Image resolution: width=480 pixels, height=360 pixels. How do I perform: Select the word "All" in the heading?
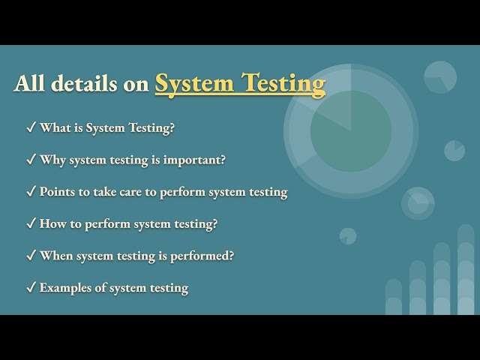click(29, 84)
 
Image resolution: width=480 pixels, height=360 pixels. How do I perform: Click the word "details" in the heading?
click(79, 85)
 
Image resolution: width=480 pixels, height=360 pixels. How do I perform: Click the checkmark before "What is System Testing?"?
click(31, 127)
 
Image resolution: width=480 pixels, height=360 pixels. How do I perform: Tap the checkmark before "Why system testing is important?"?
click(31, 160)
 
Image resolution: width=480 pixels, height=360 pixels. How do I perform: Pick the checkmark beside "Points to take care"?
click(31, 192)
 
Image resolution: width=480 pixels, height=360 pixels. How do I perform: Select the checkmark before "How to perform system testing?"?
click(31, 223)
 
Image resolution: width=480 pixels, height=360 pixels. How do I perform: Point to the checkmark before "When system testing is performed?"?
click(31, 256)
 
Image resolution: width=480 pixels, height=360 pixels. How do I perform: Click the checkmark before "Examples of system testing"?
click(31, 288)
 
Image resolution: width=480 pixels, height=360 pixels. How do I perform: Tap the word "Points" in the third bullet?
click(57, 192)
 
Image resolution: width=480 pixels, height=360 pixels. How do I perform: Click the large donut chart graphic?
click(350, 132)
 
